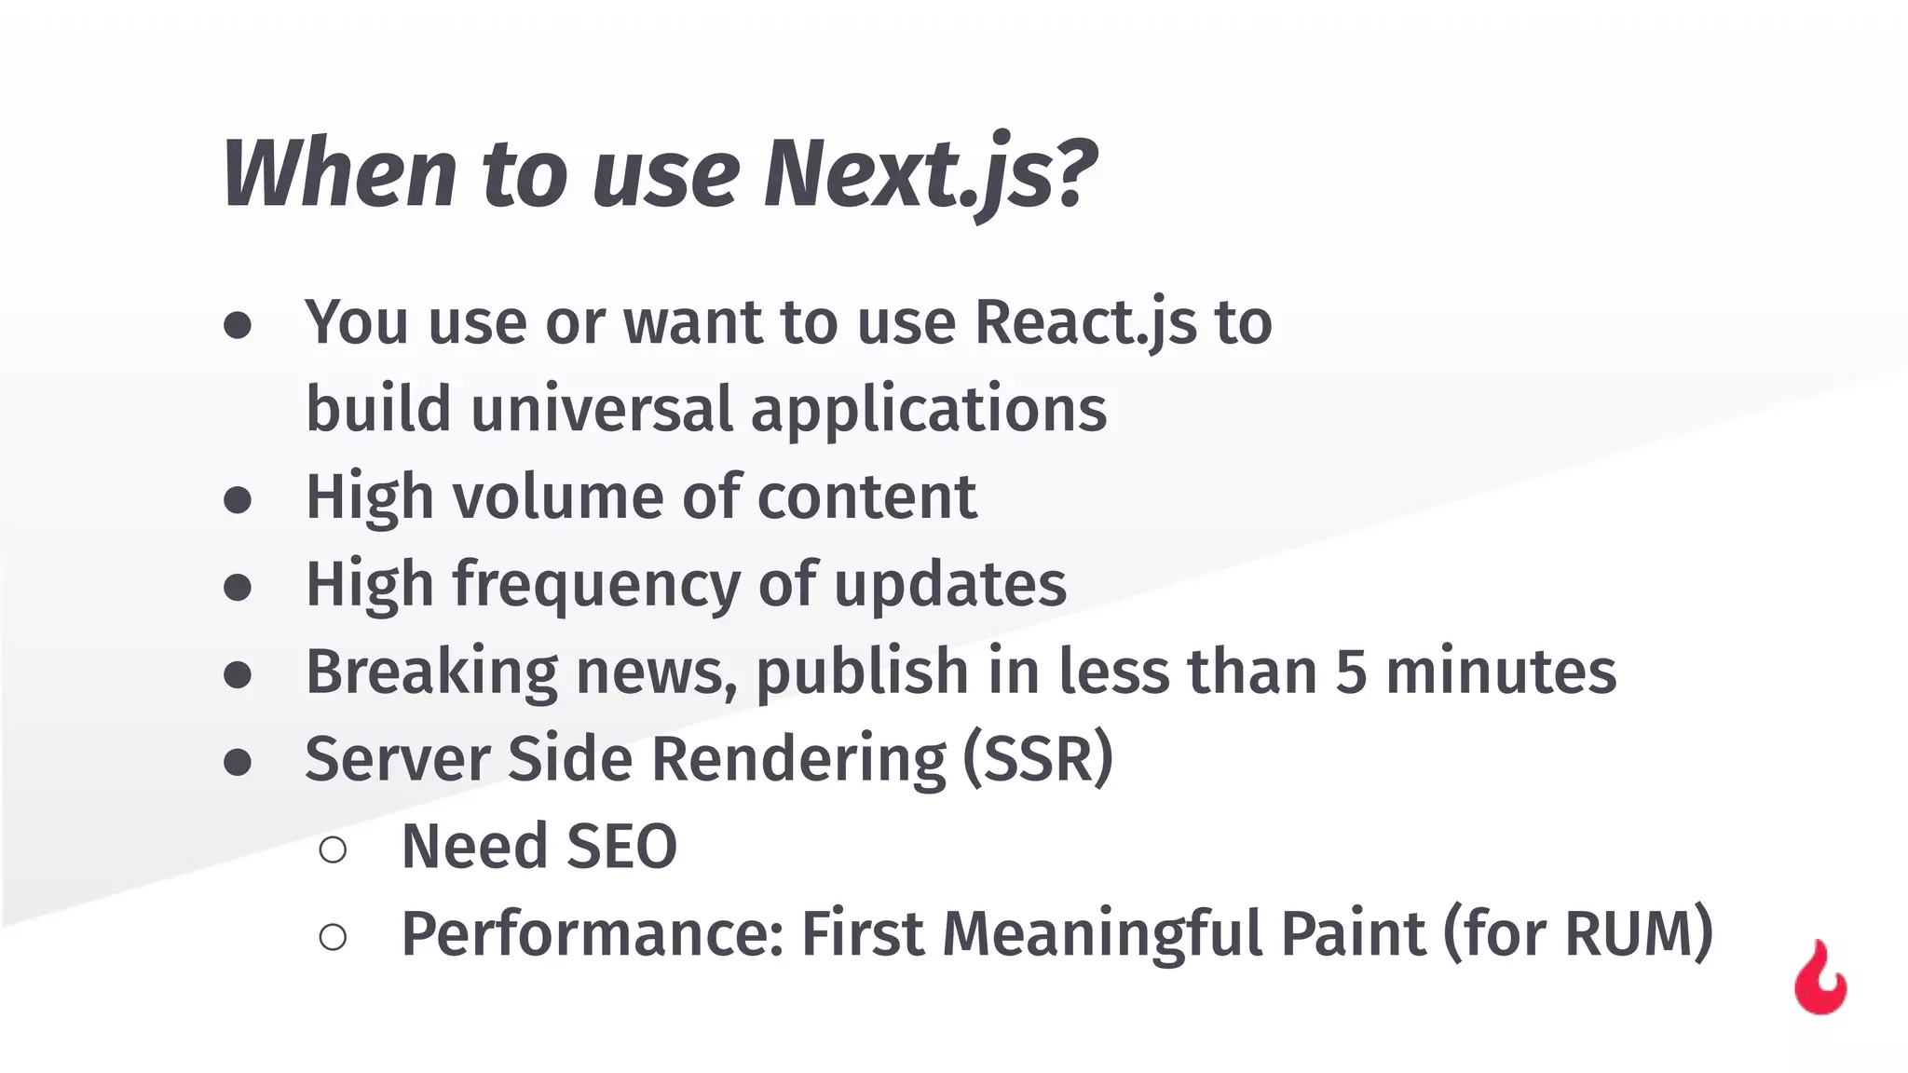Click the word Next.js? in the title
pyautogui.click(x=930, y=173)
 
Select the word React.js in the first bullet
pyautogui.click(x=1085, y=323)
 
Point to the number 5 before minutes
pyautogui.click(x=1351, y=672)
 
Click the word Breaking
pyautogui.click(x=431, y=672)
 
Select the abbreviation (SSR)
pyautogui.click(x=1037, y=758)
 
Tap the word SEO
pyautogui.click(x=621, y=847)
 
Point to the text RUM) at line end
pyautogui.click(x=1639, y=932)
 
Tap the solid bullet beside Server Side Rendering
pyautogui.click(x=238, y=762)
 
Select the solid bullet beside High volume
pyautogui.click(x=238, y=500)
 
